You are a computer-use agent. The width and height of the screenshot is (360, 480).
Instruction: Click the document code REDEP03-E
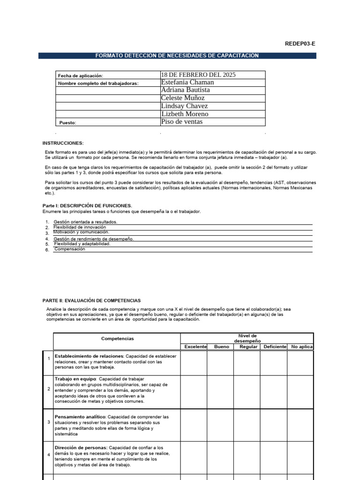pos(300,44)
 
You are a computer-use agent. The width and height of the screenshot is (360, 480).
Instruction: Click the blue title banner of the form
pos(177,56)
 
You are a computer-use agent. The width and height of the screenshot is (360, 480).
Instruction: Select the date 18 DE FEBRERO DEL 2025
pos(198,75)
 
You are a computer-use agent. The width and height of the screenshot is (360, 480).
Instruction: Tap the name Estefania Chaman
pos(187,82)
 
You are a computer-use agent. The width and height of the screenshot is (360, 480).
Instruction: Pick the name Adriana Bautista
pos(186,90)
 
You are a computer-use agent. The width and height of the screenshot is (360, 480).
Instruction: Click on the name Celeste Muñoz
pos(183,98)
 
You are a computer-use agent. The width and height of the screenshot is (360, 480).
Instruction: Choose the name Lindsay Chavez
pos(184,106)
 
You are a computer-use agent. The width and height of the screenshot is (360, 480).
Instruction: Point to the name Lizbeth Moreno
pos(185,114)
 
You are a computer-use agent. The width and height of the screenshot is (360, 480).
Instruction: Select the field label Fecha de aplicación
pos(80,75)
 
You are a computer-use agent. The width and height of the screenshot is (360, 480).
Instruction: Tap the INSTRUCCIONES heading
pos(63,142)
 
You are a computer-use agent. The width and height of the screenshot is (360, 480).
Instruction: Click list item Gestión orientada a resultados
pos(85,222)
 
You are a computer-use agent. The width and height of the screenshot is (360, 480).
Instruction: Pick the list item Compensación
pos(70,249)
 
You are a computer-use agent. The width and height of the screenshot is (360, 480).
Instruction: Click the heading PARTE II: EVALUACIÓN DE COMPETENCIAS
pos(91,300)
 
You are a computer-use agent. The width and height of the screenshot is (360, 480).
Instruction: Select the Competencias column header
pos(117,338)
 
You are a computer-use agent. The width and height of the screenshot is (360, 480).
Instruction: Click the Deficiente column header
pos(275,347)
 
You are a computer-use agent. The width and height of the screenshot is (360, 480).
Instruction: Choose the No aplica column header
pos(301,347)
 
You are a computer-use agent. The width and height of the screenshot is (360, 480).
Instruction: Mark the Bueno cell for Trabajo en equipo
pos(221,389)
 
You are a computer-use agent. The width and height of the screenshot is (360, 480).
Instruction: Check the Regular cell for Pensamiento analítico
pos(247,425)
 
